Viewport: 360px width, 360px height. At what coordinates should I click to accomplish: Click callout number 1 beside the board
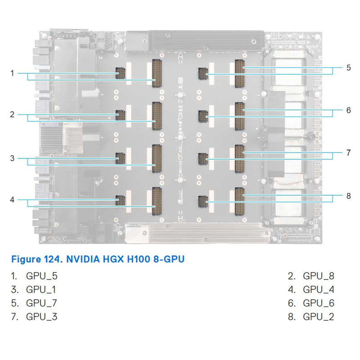click(13, 73)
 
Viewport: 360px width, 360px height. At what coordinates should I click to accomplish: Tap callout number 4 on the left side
click(13, 199)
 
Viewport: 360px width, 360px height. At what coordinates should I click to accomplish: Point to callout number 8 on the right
click(348, 196)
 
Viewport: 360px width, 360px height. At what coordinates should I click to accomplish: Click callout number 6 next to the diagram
click(348, 110)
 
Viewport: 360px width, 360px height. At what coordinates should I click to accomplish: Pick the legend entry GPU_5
click(42, 276)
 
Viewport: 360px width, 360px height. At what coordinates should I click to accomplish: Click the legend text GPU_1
click(42, 289)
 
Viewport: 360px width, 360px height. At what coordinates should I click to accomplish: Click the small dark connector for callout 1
click(120, 72)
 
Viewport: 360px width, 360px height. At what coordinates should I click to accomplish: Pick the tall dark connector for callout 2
click(157, 116)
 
